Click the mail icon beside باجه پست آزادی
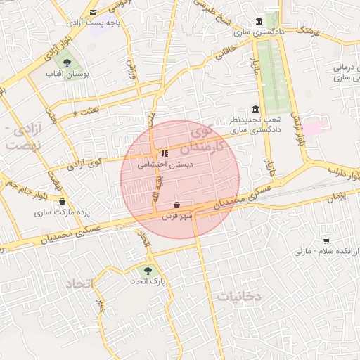point(94,13)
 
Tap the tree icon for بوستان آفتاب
point(67,63)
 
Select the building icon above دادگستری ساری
point(260,21)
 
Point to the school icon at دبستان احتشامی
point(165,153)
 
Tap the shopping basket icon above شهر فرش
point(176,205)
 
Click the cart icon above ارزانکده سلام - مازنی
point(326,240)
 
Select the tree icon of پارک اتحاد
point(148,270)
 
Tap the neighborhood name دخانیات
point(239,297)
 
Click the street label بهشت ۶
point(84,110)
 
